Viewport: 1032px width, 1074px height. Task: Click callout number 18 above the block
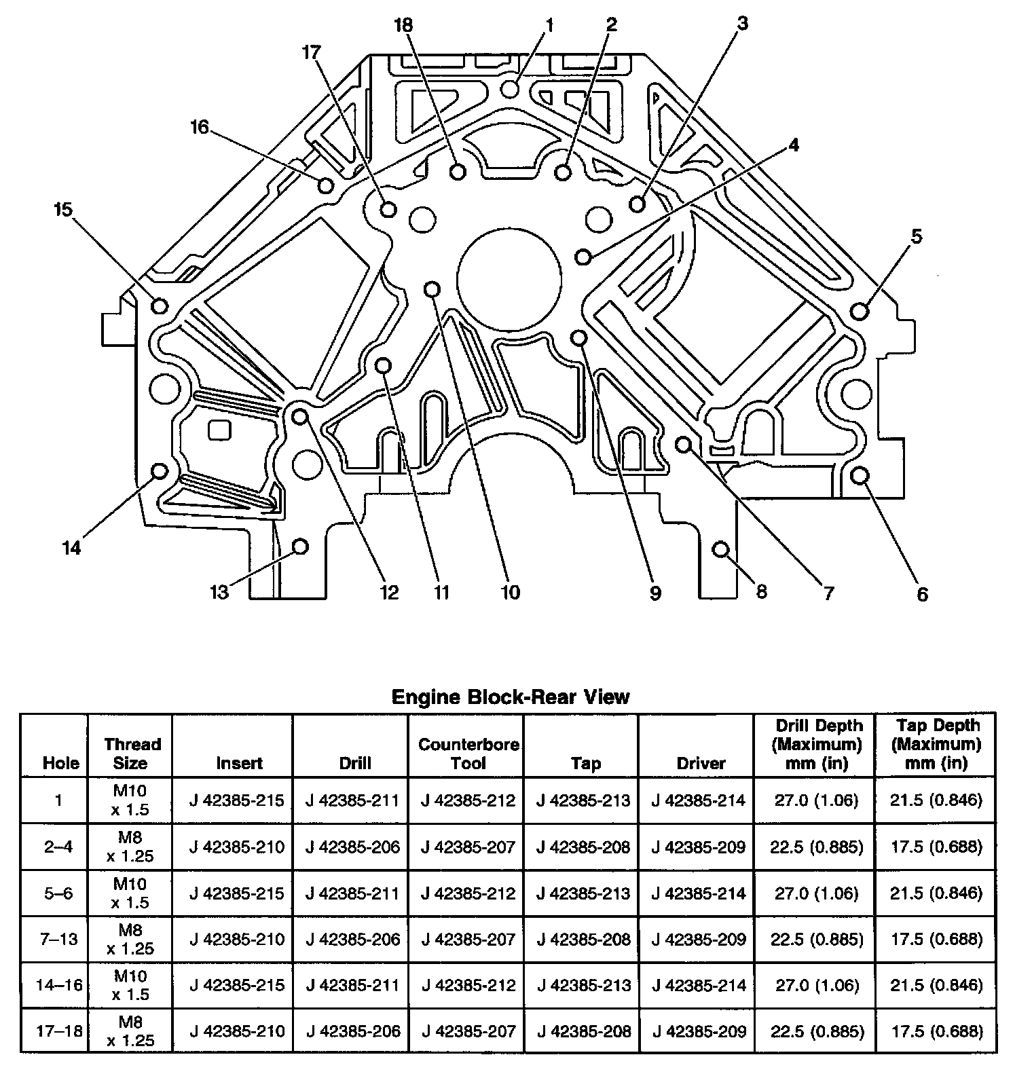(403, 26)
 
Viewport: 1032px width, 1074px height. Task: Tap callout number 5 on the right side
(916, 237)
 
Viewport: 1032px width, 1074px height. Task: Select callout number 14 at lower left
(71, 547)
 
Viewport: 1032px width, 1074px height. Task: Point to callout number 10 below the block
(510, 592)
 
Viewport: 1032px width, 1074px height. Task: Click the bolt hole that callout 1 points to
(511, 89)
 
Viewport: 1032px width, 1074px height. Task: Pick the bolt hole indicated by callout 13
(299, 546)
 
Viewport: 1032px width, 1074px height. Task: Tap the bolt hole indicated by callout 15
(160, 305)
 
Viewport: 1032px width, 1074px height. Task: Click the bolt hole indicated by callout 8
(721, 549)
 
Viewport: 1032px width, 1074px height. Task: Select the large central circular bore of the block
(509, 278)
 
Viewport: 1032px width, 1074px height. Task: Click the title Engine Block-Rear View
(511, 697)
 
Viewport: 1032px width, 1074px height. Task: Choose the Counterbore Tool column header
(468, 754)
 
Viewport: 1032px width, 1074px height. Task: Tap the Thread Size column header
(130, 754)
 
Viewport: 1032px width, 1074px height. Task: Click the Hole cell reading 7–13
(59, 939)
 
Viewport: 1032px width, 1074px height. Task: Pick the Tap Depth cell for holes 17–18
(936, 1031)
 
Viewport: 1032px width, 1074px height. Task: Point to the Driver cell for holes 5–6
(698, 893)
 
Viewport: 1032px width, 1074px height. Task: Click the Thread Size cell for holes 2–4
(130, 847)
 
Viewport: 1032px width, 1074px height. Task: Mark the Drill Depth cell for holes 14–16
(816, 985)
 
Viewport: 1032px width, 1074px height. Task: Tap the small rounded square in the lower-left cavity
(219, 430)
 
